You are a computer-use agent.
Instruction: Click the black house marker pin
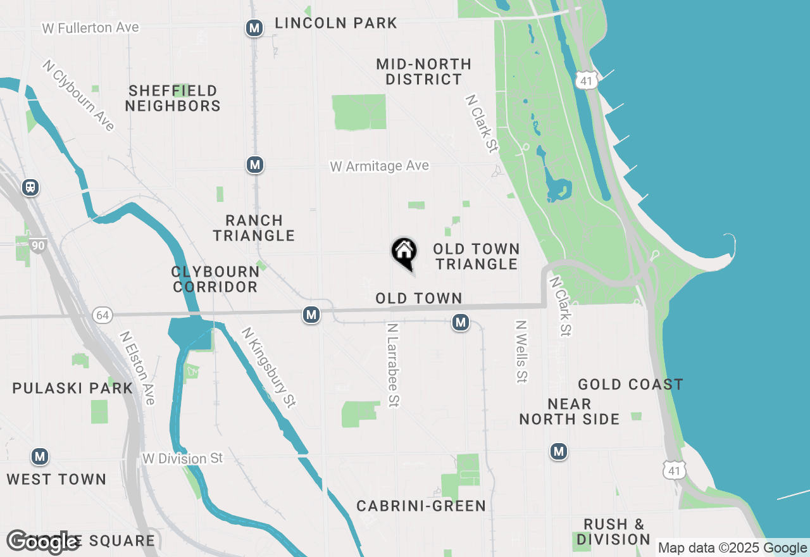click(404, 253)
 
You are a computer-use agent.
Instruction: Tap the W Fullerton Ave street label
click(90, 28)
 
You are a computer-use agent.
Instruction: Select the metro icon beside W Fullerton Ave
click(254, 28)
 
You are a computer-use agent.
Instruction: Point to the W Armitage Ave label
click(379, 166)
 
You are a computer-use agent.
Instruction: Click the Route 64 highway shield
click(102, 315)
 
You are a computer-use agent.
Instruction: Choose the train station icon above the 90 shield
click(30, 187)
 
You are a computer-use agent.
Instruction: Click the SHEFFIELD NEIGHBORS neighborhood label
click(173, 98)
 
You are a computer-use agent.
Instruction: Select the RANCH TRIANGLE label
click(254, 228)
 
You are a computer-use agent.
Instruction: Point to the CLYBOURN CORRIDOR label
click(215, 279)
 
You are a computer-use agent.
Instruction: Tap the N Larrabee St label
click(394, 365)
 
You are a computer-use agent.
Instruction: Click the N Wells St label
click(521, 351)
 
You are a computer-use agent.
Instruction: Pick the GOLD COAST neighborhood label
click(630, 384)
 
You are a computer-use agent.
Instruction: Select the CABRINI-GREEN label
click(421, 506)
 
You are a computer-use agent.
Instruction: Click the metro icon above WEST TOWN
click(40, 456)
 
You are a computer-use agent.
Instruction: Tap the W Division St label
click(183, 458)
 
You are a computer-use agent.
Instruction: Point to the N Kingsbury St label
click(269, 367)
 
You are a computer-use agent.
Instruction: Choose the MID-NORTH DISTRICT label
click(423, 72)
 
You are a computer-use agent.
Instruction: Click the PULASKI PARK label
click(73, 388)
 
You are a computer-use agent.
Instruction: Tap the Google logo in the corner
click(43, 541)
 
